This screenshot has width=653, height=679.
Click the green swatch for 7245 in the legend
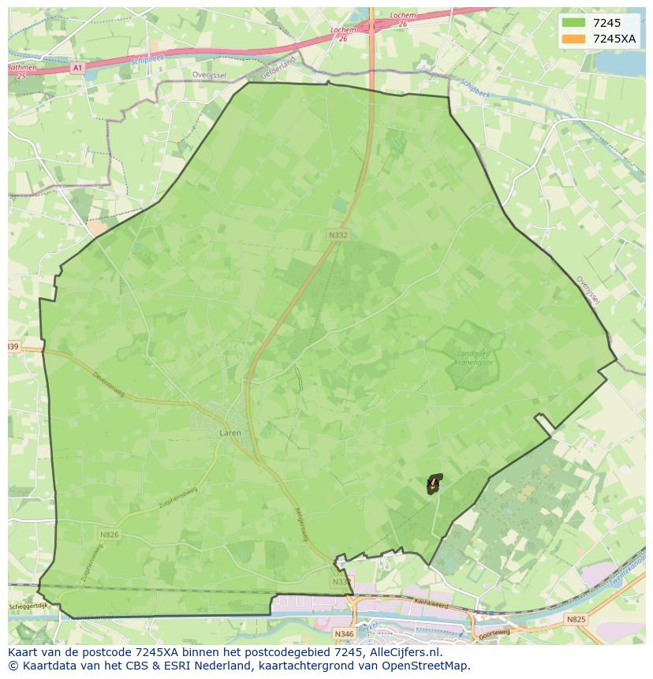click(x=573, y=24)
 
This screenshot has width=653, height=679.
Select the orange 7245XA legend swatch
click(x=573, y=39)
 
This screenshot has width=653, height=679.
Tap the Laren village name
click(x=230, y=433)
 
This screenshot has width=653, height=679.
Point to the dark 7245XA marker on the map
click(x=434, y=483)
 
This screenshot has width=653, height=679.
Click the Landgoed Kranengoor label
click(x=473, y=359)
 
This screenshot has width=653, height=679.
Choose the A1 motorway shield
click(x=77, y=69)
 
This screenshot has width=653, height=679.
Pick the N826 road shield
click(x=109, y=535)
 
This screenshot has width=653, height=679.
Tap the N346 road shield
click(x=344, y=633)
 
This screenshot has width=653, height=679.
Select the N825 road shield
click(x=576, y=620)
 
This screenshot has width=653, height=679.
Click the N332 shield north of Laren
click(x=338, y=234)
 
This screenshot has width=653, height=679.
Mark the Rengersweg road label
click(x=300, y=524)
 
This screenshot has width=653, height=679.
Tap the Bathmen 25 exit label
click(x=21, y=71)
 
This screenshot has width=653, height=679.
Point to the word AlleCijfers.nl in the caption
click(x=407, y=652)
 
